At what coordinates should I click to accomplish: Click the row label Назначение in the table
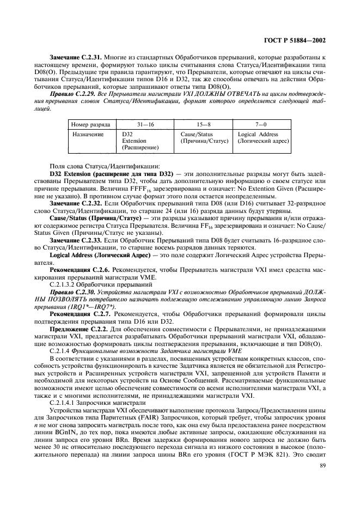[88, 134]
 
